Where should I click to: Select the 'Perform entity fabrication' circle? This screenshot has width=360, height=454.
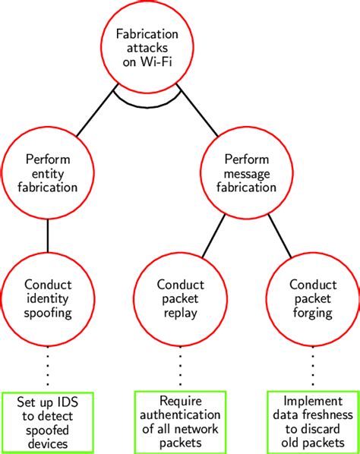tap(49, 174)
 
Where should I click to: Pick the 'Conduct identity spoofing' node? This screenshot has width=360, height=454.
tap(49, 299)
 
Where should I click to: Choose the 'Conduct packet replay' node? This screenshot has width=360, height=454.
tap(180, 299)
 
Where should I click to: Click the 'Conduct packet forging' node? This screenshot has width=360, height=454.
tap(312, 299)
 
